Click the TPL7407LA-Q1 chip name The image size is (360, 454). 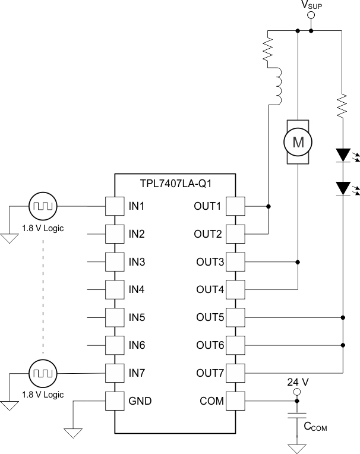click(x=175, y=184)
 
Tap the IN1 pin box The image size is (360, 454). click(x=114, y=206)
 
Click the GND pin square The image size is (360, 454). click(x=114, y=401)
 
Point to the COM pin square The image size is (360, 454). click(x=236, y=401)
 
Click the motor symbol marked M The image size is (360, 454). click(x=298, y=141)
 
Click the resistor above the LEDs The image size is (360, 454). click(x=343, y=106)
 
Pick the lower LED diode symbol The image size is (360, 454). click(x=343, y=188)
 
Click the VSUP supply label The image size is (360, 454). click(x=311, y=6)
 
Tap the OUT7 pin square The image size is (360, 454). click(x=236, y=373)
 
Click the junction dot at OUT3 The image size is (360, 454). click(x=298, y=261)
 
